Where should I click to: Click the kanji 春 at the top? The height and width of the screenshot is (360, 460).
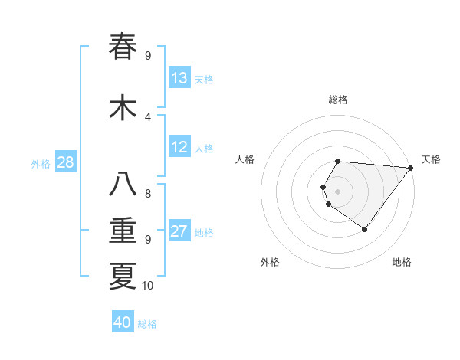coord(123,46)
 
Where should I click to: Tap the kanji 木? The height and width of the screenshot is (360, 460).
coord(123,107)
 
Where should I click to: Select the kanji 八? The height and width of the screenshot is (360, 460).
coord(123,185)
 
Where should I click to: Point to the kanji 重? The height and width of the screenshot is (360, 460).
coord(123,231)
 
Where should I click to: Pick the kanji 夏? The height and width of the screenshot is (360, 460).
coord(123,276)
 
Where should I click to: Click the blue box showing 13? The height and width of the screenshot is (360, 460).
coord(179,78)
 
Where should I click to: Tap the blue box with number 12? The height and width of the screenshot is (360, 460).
coord(179,147)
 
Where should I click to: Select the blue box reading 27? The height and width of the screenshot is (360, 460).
coord(179,232)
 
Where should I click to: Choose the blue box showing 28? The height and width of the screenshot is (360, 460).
coord(65,162)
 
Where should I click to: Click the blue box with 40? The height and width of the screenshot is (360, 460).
coord(123,322)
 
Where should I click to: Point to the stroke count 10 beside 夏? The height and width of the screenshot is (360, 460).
coord(148,286)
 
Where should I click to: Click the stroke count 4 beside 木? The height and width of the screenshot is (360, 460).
coord(148,116)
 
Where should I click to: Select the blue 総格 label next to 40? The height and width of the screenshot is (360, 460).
coord(147,324)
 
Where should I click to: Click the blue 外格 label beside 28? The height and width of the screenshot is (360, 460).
coord(41,163)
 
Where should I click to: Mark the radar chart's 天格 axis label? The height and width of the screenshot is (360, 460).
coord(431,159)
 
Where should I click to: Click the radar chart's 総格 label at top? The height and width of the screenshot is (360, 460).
coord(338,100)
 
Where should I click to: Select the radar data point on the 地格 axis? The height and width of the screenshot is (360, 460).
coord(365,229)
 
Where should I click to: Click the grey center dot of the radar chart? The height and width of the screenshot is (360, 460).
coord(338,191)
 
